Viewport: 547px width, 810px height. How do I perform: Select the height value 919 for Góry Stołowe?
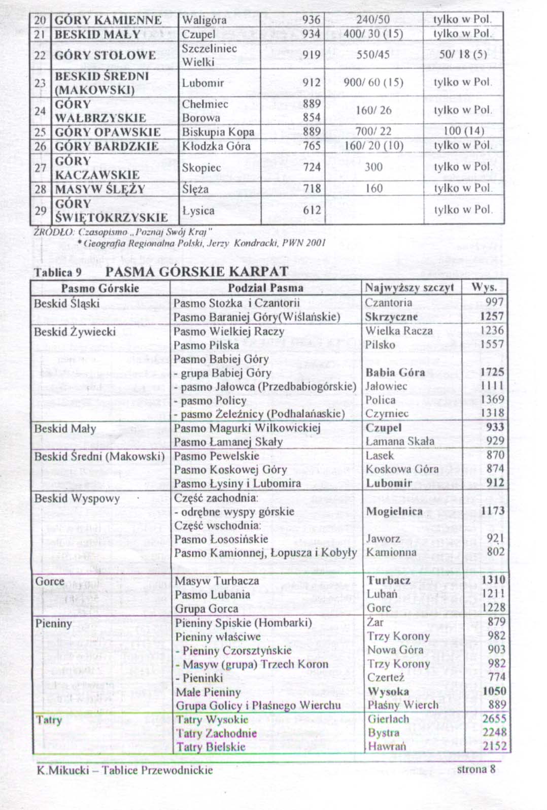coord(312,54)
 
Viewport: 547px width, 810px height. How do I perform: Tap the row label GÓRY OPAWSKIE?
coord(108,132)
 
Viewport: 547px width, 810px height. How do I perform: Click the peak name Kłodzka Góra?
coord(216,146)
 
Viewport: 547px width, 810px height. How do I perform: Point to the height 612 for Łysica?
coord(312,210)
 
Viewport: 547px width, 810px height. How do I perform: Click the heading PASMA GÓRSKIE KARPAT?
coord(197,272)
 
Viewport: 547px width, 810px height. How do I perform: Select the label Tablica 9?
coord(57,273)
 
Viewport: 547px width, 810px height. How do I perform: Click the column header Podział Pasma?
coord(265,288)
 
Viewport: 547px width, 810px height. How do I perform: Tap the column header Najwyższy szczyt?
coord(409,288)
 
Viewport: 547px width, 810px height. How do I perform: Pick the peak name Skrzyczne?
coord(391,317)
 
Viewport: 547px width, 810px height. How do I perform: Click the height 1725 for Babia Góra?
coord(492,372)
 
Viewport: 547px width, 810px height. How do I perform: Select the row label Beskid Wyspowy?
coord(77,498)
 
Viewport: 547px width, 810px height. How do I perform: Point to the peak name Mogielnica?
coord(394,511)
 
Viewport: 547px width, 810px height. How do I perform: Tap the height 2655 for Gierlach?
coord(494,719)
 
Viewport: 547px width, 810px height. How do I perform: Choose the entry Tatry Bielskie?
coord(211,747)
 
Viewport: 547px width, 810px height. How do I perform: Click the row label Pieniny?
coord(53,623)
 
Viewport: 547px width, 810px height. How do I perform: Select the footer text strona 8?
coord(475,769)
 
